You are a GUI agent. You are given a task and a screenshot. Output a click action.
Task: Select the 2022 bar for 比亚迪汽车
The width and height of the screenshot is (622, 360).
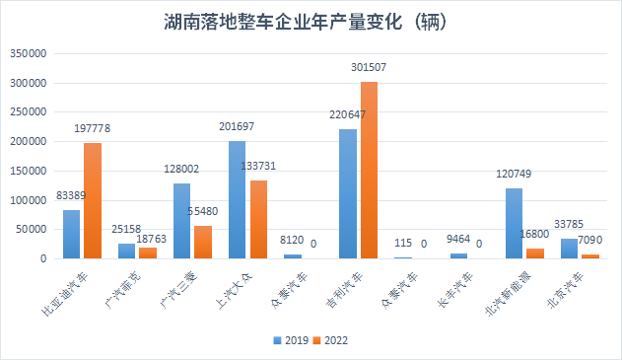(x=93, y=201)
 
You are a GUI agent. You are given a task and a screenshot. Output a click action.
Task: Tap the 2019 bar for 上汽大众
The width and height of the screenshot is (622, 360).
(x=237, y=200)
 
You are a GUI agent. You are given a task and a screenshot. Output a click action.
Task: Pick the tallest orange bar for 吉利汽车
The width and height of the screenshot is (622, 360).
(x=369, y=171)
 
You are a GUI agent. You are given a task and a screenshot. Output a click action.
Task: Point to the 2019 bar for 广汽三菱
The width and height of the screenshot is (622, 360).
(x=181, y=221)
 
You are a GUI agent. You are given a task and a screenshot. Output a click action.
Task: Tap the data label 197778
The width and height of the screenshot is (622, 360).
(x=93, y=128)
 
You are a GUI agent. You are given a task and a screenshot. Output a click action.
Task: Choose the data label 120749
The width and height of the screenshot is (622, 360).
(x=515, y=174)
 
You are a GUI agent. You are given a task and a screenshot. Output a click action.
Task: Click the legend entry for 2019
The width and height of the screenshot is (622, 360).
(x=290, y=340)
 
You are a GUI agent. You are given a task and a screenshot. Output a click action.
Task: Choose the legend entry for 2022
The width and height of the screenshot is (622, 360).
(x=329, y=340)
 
